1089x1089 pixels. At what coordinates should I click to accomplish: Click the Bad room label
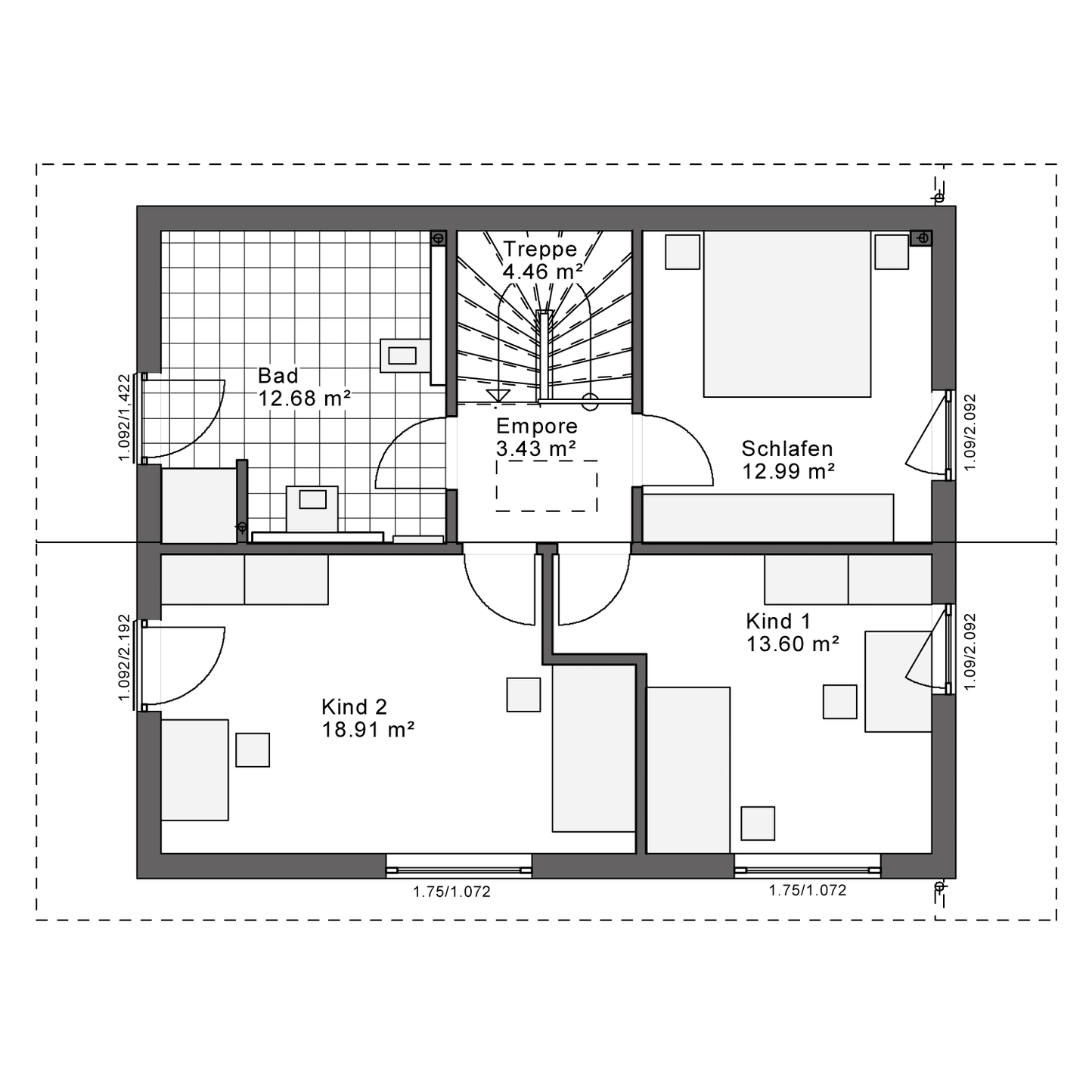(278, 375)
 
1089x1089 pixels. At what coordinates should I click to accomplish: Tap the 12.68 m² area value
(304, 399)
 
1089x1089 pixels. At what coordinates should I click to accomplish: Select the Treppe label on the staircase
(540, 250)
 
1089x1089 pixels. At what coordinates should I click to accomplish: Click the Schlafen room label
(787, 448)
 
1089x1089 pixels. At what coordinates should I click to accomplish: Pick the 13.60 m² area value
(793, 644)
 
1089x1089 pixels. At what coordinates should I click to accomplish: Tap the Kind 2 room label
(355, 706)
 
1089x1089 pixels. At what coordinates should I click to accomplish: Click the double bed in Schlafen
(786, 314)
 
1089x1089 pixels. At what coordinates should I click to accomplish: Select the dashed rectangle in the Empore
(547, 486)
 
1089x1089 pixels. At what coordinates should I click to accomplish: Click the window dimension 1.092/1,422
(124, 417)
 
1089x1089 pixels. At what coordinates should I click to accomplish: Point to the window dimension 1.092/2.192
(124, 658)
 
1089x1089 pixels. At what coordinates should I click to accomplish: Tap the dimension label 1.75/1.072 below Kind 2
(451, 892)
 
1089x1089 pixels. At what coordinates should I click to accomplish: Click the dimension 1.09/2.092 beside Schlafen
(970, 432)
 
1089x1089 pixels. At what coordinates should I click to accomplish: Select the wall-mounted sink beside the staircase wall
(405, 355)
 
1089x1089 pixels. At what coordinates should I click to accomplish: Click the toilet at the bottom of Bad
(312, 509)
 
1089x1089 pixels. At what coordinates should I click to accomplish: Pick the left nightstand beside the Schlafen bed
(683, 252)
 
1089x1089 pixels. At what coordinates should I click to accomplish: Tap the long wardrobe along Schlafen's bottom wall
(768, 518)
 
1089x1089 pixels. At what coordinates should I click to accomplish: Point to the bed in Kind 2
(594, 748)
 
